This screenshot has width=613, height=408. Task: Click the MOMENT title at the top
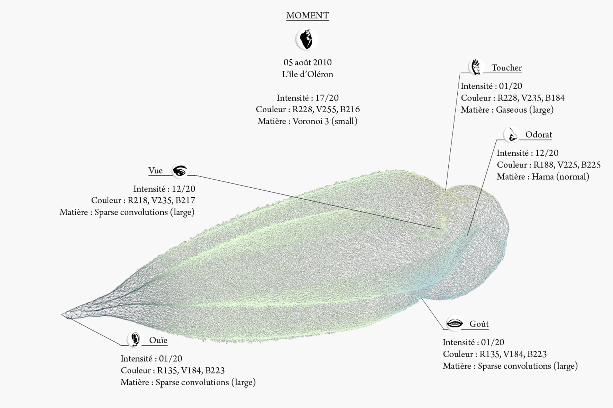point(307,16)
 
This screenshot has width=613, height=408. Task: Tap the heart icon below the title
point(306,39)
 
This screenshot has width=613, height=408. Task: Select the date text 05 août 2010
point(308,63)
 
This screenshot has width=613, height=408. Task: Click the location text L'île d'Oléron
point(308,74)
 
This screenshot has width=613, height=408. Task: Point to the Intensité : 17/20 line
point(308,98)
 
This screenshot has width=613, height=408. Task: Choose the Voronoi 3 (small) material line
point(308,121)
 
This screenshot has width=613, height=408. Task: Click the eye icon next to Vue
point(180,171)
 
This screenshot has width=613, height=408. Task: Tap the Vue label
point(155,171)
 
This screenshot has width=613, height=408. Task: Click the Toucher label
point(506,68)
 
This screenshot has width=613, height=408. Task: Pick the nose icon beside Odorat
point(511,135)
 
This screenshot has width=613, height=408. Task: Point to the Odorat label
point(538,135)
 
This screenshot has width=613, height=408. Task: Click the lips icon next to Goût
point(455,323)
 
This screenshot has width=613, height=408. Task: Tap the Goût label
point(479,324)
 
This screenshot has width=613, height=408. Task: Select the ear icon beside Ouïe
point(135,340)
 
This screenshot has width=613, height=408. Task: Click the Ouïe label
point(158,340)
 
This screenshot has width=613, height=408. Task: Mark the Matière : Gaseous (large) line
point(507,110)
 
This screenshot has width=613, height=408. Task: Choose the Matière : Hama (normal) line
point(543,177)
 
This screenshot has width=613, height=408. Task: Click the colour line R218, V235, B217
point(143,200)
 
